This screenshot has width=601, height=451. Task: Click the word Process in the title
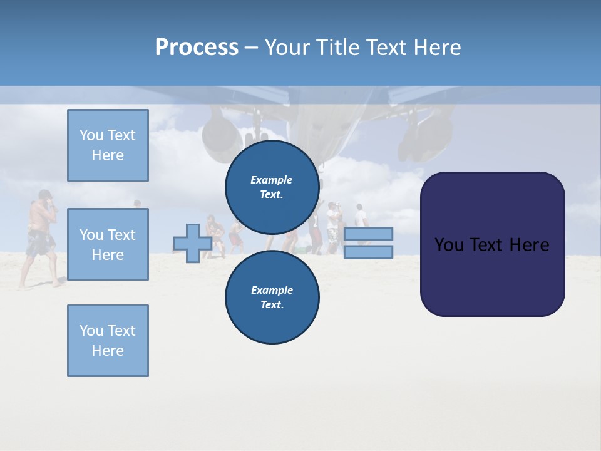[x=197, y=47]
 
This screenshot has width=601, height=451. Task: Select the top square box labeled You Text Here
[x=108, y=145]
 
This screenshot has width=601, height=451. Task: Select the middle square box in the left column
[x=108, y=244]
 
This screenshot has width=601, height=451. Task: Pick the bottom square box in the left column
[x=108, y=341]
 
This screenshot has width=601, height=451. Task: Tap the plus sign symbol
[x=192, y=244]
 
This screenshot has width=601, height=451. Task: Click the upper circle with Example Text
[x=272, y=187]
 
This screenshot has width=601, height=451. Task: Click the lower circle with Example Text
[x=272, y=298]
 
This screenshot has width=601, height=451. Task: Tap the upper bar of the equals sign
[x=368, y=234]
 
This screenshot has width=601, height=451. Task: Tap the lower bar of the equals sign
[x=368, y=252]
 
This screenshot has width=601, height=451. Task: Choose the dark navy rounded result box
[x=492, y=244]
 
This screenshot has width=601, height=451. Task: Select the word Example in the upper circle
[x=272, y=180]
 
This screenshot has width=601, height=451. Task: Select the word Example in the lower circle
[x=272, y=290]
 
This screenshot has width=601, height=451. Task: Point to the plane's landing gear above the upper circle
[x=255, y=128]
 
